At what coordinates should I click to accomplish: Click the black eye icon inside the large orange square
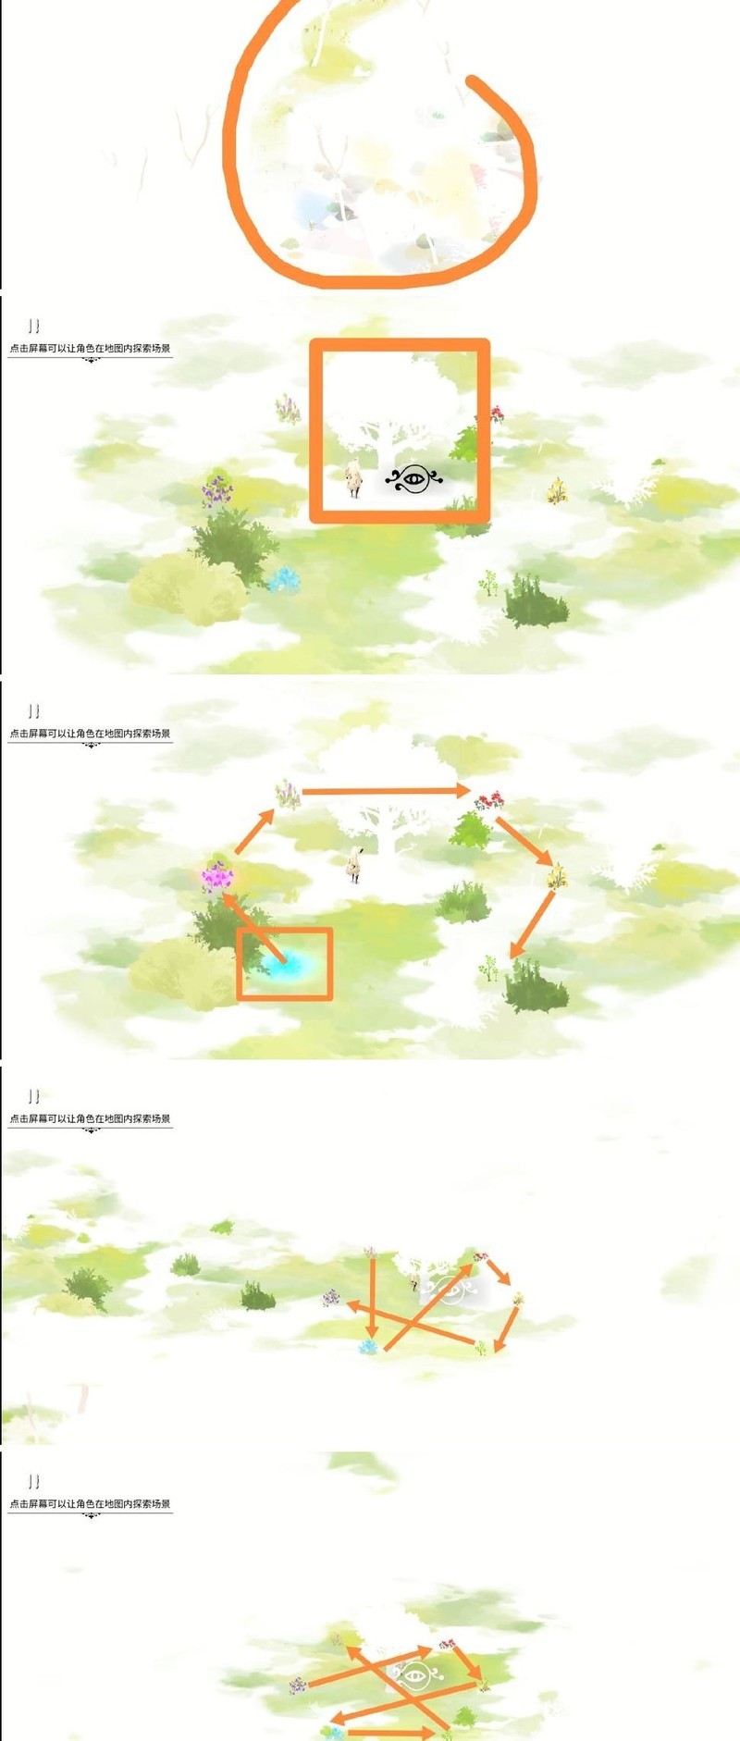tap(413, 479)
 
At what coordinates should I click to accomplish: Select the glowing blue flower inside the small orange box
tap(285, 965)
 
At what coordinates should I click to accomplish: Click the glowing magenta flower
tap(217, 875)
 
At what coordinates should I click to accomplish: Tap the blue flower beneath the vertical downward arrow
tap(369, 1347)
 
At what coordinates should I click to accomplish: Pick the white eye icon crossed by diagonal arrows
tap(415, 1674)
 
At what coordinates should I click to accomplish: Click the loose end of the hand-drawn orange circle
tap(473, 81)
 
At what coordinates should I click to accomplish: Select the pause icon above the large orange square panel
tap(34, 326)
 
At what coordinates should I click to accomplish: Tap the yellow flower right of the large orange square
tap(557, 490)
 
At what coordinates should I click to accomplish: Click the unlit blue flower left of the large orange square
tap(284, 580)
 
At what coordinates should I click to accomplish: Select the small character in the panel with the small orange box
tap(353, 865)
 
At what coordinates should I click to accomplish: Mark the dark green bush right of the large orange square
tap(536, 601)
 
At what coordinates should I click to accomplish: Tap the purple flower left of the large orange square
tap(217, 490)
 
